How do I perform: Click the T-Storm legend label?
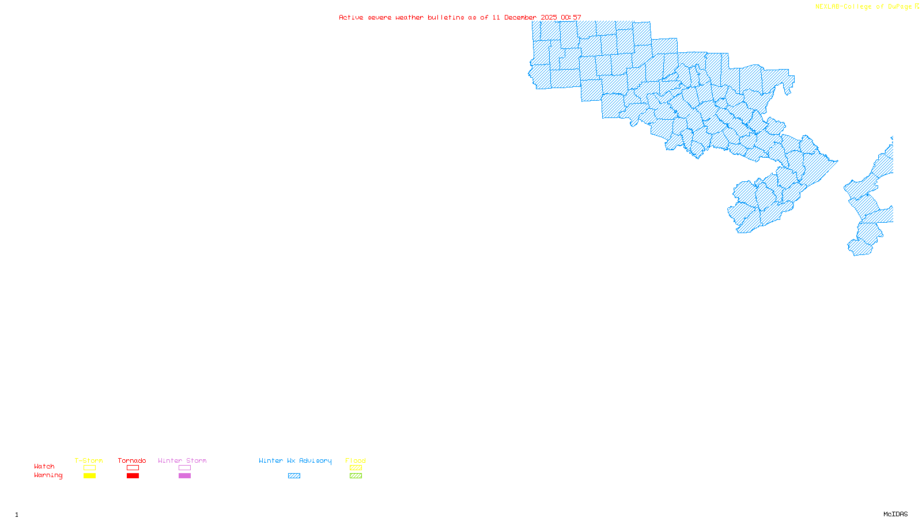pos(89,460)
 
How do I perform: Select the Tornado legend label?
pos(132,460)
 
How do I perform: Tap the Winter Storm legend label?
pos(182,460)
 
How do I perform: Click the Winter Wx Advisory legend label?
pos(295,460)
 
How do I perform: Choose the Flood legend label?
pos(356,460)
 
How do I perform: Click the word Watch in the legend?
pos(44,466)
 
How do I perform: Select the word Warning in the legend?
pos(48,475)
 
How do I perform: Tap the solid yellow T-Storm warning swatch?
pos(89,476)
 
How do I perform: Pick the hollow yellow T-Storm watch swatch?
pos(89,468)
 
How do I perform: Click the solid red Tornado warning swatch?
pos(133,476)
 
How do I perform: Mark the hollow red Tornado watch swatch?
pos(133,468)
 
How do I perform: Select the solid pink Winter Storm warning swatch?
pos(184,476)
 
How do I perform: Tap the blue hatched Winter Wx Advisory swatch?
pos(294,476)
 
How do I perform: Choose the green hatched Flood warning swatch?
pos(356,476)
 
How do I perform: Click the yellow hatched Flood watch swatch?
pos(356,468)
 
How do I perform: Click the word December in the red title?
pos(520,17)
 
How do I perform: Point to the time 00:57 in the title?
pos(571,17)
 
